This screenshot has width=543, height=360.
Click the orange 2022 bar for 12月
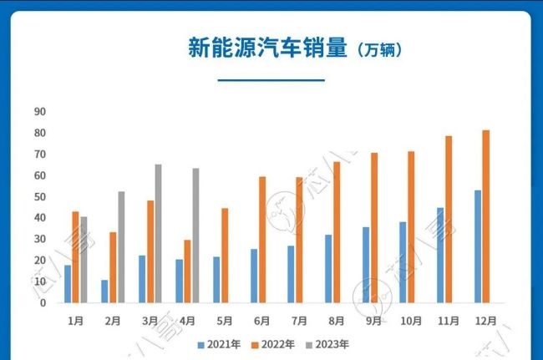point(486,216)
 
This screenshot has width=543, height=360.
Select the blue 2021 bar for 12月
point(478,246)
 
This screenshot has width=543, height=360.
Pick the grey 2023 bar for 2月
point(121,247)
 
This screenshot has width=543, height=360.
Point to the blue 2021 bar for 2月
point(104,292)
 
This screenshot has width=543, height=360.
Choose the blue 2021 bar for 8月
point(328,269)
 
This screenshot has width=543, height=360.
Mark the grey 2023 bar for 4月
point(195,236)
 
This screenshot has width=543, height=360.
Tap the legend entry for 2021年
point(221,343)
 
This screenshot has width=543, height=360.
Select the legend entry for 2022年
point(273,343)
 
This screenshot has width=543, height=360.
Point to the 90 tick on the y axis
point(40,112)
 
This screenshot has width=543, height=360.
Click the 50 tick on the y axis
point(40,197)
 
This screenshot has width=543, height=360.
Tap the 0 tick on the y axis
point(43,303)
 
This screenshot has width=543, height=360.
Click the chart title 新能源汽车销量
point(267,48)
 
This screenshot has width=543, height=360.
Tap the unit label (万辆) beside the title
point(379,50)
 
